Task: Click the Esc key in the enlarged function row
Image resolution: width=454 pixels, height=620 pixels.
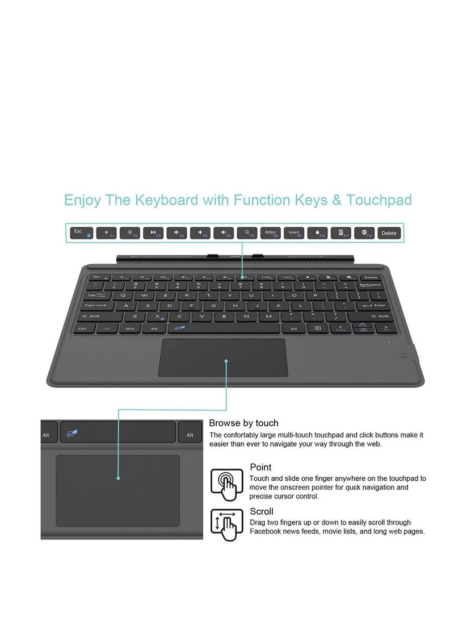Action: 81,232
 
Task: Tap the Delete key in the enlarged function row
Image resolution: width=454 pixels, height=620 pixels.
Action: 389,233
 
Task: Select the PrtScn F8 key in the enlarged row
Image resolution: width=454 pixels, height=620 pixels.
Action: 270,232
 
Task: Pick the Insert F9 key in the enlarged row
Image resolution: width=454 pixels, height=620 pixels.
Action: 294,232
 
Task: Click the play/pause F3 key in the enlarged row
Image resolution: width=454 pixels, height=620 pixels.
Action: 153,232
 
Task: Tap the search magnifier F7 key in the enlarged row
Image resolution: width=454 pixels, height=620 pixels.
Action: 247,232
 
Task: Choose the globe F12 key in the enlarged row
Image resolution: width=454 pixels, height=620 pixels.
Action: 365,232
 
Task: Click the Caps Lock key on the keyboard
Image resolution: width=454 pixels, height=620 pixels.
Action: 95,305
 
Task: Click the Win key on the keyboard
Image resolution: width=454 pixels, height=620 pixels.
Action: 130,328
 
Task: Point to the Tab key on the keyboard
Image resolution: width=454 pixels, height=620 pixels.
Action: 93,294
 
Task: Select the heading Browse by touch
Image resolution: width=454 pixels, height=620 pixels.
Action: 243,423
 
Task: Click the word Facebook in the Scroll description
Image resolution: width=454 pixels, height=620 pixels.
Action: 268,531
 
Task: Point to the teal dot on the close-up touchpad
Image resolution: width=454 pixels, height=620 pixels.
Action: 119,478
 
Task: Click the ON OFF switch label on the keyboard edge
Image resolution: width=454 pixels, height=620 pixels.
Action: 403,355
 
